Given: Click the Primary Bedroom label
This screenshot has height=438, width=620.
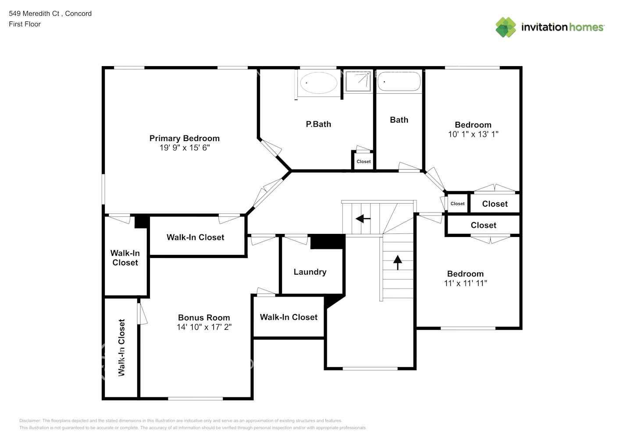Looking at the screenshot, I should [x=184, y=138].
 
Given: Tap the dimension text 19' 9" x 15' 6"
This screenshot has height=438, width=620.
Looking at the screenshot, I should [x=184, y=148].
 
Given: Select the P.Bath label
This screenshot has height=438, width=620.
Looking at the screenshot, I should [x=318, y=124].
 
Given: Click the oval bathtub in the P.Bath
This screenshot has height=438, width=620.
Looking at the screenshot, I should [x=318, y=82].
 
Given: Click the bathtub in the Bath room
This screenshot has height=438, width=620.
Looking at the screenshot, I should [x=399, y=81].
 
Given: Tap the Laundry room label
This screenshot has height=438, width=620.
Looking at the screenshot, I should [x=310, y=272].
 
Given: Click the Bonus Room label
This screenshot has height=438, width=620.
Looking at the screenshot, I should [x=204, y=318].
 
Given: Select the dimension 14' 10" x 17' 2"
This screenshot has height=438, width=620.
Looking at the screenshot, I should [x=204, y=327].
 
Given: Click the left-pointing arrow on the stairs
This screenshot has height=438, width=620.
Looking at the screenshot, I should [x=363, y=218].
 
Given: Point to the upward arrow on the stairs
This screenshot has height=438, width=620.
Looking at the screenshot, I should [x=398, y=262].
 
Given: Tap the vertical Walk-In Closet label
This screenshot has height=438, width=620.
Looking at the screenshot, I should [x=121, y=348].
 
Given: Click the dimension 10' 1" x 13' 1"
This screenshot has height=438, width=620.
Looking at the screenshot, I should [x=473, y=134].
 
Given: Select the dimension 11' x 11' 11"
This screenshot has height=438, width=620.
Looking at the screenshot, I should [x=465, y=283].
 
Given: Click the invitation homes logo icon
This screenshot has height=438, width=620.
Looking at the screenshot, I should [x=506, y=27].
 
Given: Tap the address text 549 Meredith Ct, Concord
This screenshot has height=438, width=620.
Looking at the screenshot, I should [x=50, y=14].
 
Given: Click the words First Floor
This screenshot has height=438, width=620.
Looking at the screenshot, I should [x=25, y=24].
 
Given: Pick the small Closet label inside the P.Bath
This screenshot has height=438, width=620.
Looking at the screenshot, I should [x=363, y=162].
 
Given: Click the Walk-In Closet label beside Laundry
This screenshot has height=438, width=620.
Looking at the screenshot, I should [x=289, y=318].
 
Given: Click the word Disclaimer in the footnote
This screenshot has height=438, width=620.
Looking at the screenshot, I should [x=30, y=421].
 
